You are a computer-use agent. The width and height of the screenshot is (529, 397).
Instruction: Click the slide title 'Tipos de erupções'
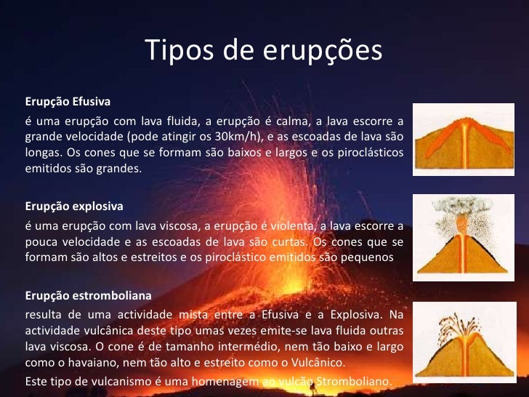pos(264,50)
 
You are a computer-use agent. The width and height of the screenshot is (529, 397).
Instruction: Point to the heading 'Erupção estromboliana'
pos(88,296)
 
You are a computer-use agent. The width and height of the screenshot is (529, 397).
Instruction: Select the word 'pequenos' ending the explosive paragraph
pos(371,257)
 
